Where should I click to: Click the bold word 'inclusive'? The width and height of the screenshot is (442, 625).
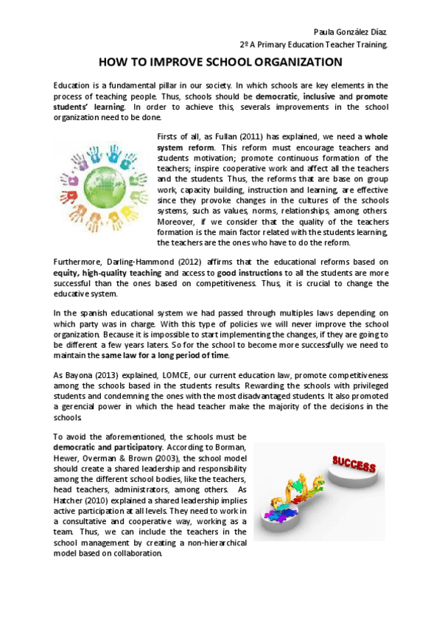321,97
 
